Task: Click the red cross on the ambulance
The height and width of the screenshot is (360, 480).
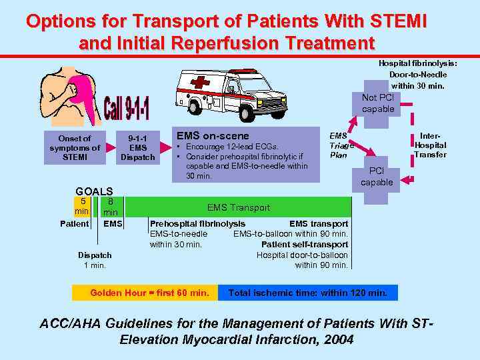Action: tap(199, 85)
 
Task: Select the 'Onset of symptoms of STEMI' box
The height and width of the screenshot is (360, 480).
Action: tap(75, 148)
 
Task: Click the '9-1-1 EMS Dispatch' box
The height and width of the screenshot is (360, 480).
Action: tap(137, 148)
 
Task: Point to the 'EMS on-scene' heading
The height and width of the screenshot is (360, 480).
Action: tap(213, 136)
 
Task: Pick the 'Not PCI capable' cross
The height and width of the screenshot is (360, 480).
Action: tap(378, 103)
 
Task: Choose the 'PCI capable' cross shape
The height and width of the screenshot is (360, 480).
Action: tap(377, 177)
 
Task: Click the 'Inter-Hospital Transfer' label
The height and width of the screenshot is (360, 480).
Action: tap(430, 145)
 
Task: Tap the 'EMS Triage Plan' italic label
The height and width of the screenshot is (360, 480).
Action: tap(341, 145)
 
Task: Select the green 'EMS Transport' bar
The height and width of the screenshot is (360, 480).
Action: tap(238, 207)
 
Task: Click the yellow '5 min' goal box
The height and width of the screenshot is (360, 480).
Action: tap(81, 207)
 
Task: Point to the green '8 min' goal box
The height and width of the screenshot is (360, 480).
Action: tap(110, 207)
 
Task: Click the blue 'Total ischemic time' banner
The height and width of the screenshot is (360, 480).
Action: tap(307, 293)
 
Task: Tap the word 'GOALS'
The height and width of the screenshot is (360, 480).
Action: tap(94, 191)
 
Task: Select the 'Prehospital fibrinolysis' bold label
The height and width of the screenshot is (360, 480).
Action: tap(197, 224)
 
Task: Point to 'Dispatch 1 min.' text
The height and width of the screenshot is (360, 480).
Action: tap(95, 260)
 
